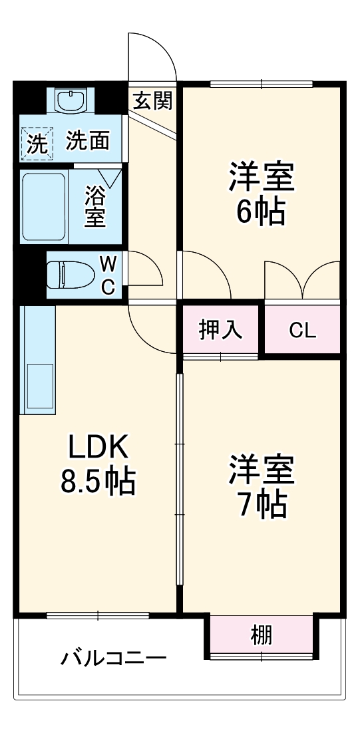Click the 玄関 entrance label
click(152, 101)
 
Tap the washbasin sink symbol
click(71, 101)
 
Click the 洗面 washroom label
click(87, 141)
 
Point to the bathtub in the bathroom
click(43, 207)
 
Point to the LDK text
click(98, 449)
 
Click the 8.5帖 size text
click(98, 481)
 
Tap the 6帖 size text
click(261, 212)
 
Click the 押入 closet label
click(220, 330)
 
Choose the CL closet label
click(302, 331)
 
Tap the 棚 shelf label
click(262, 635)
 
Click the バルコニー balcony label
click(114, 658)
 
